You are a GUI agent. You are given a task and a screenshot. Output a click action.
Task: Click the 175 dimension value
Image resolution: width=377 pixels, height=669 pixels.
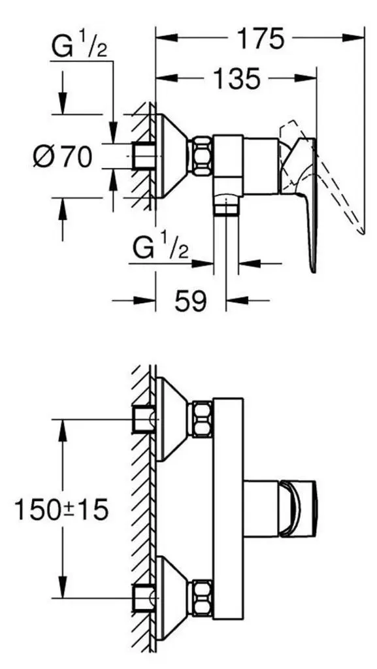click(x=260, y=39)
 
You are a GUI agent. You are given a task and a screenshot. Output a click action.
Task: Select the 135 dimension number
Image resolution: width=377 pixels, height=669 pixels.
click(x=237, y=78)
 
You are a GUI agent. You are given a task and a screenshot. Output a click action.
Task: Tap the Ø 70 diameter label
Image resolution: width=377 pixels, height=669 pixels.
click(x=63, y=156)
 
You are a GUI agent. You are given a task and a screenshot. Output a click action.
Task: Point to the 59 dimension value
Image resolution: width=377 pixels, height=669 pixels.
click(x=190, y=301)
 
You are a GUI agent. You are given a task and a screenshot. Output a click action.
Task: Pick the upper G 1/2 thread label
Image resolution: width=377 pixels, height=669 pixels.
click(x=79, y=46)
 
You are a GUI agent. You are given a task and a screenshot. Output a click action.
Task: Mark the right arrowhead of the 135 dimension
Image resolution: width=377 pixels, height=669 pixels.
click(x=305, y=78)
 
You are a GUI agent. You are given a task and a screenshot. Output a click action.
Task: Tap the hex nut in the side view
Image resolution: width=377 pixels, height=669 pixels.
click(x=201, y=155)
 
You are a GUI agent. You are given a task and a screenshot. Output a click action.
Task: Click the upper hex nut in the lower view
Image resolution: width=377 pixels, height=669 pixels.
click(x=202, y=419)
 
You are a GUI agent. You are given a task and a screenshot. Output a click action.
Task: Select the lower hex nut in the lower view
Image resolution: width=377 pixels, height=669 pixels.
click(x=202, y=598)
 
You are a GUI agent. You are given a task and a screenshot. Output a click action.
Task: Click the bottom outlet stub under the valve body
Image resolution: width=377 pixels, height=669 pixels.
click(x=227, y=206)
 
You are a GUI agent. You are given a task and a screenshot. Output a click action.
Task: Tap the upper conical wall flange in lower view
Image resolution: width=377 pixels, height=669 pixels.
click(x=172, y=419)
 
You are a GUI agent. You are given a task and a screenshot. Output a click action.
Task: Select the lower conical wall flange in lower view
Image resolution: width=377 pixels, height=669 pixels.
click(x=172, y=598)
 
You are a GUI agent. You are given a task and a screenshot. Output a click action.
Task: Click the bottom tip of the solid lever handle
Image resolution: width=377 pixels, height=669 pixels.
click(x=314, y=272)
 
